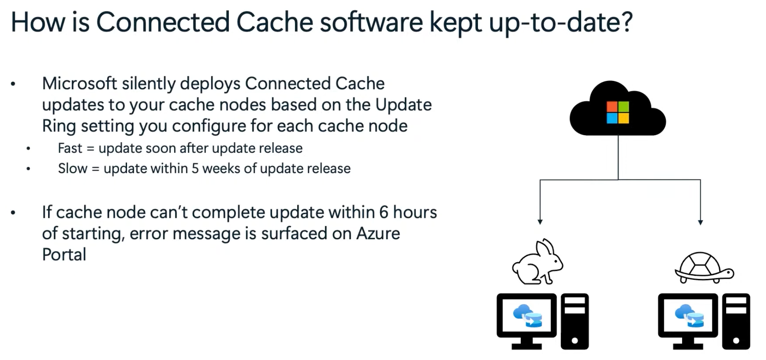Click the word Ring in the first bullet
coord(58,126)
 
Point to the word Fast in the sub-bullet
coord(70,148)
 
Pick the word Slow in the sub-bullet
coord(72,168)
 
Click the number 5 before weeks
coord(195,168)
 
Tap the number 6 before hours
coord(384,212)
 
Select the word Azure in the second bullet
coord(378,234)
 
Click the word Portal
coord(64,255)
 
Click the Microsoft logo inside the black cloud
coord(618,112)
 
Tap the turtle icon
coord(704,268)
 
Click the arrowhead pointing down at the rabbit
coord(540,222)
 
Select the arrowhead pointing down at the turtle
coord(700,222)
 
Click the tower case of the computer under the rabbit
coord(574,321)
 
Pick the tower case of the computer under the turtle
coord(736,321)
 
